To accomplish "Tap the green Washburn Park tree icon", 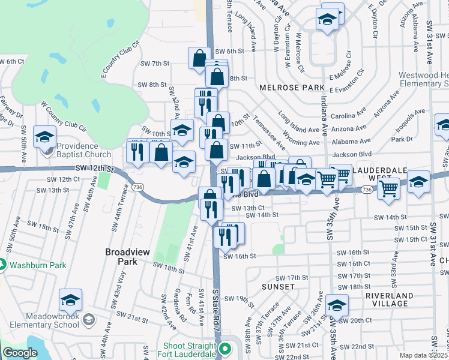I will point(3,263).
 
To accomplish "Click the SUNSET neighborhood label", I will point(279,287).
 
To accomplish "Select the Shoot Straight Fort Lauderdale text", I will point(190,350).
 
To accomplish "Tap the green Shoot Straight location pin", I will point(226,348).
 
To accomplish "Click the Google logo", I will point(20,353).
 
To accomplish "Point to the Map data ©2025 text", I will point(423,355).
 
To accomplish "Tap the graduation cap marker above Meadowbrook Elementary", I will point(71,300).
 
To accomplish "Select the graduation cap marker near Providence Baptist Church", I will point(44,137).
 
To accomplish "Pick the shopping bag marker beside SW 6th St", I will point(200,59).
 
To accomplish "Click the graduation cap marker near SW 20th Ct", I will point(337,306).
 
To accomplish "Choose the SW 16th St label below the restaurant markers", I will point(240,256).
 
